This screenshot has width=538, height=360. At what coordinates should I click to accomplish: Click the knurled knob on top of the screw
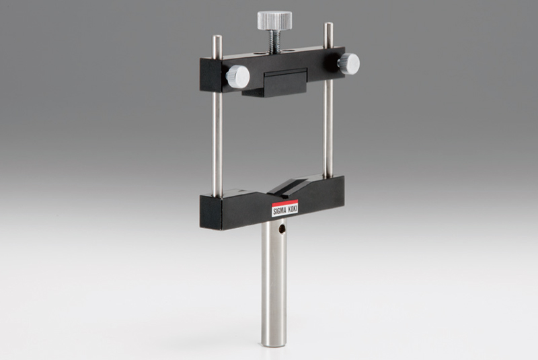274,20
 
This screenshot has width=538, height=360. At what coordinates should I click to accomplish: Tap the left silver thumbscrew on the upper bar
237,77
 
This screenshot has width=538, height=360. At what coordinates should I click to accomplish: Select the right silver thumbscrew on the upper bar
349,63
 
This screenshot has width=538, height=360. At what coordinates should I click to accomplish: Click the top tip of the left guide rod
217,36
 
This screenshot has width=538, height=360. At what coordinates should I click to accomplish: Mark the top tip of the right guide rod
329,23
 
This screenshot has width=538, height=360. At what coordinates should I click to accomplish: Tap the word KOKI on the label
293,209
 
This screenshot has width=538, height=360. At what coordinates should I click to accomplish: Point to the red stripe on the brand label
284,203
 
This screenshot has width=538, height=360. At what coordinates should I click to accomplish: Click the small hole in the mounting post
282,229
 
